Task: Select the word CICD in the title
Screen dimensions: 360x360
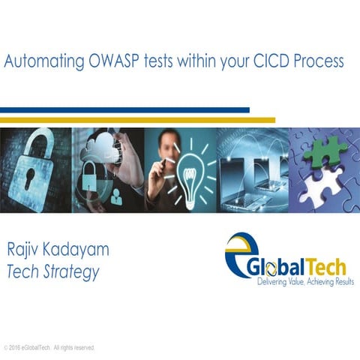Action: (x=274, y=61)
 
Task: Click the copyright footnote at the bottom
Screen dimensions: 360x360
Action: (x=49, y=348)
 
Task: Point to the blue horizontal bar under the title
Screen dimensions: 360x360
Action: (x=124, y=110)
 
